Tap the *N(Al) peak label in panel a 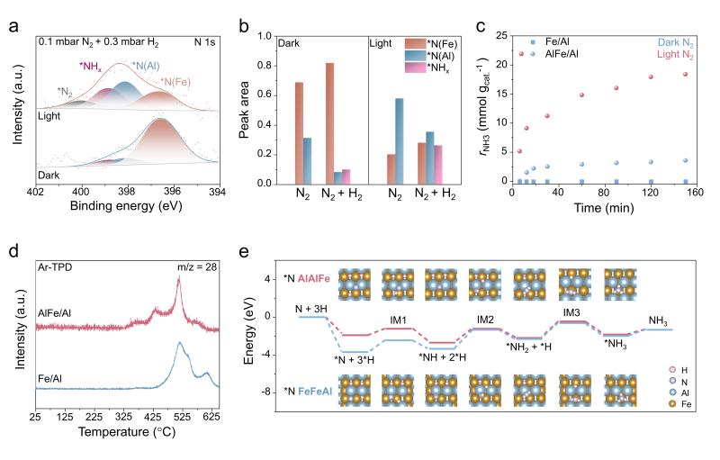click(147, 67)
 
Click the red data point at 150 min click(685, 74)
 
